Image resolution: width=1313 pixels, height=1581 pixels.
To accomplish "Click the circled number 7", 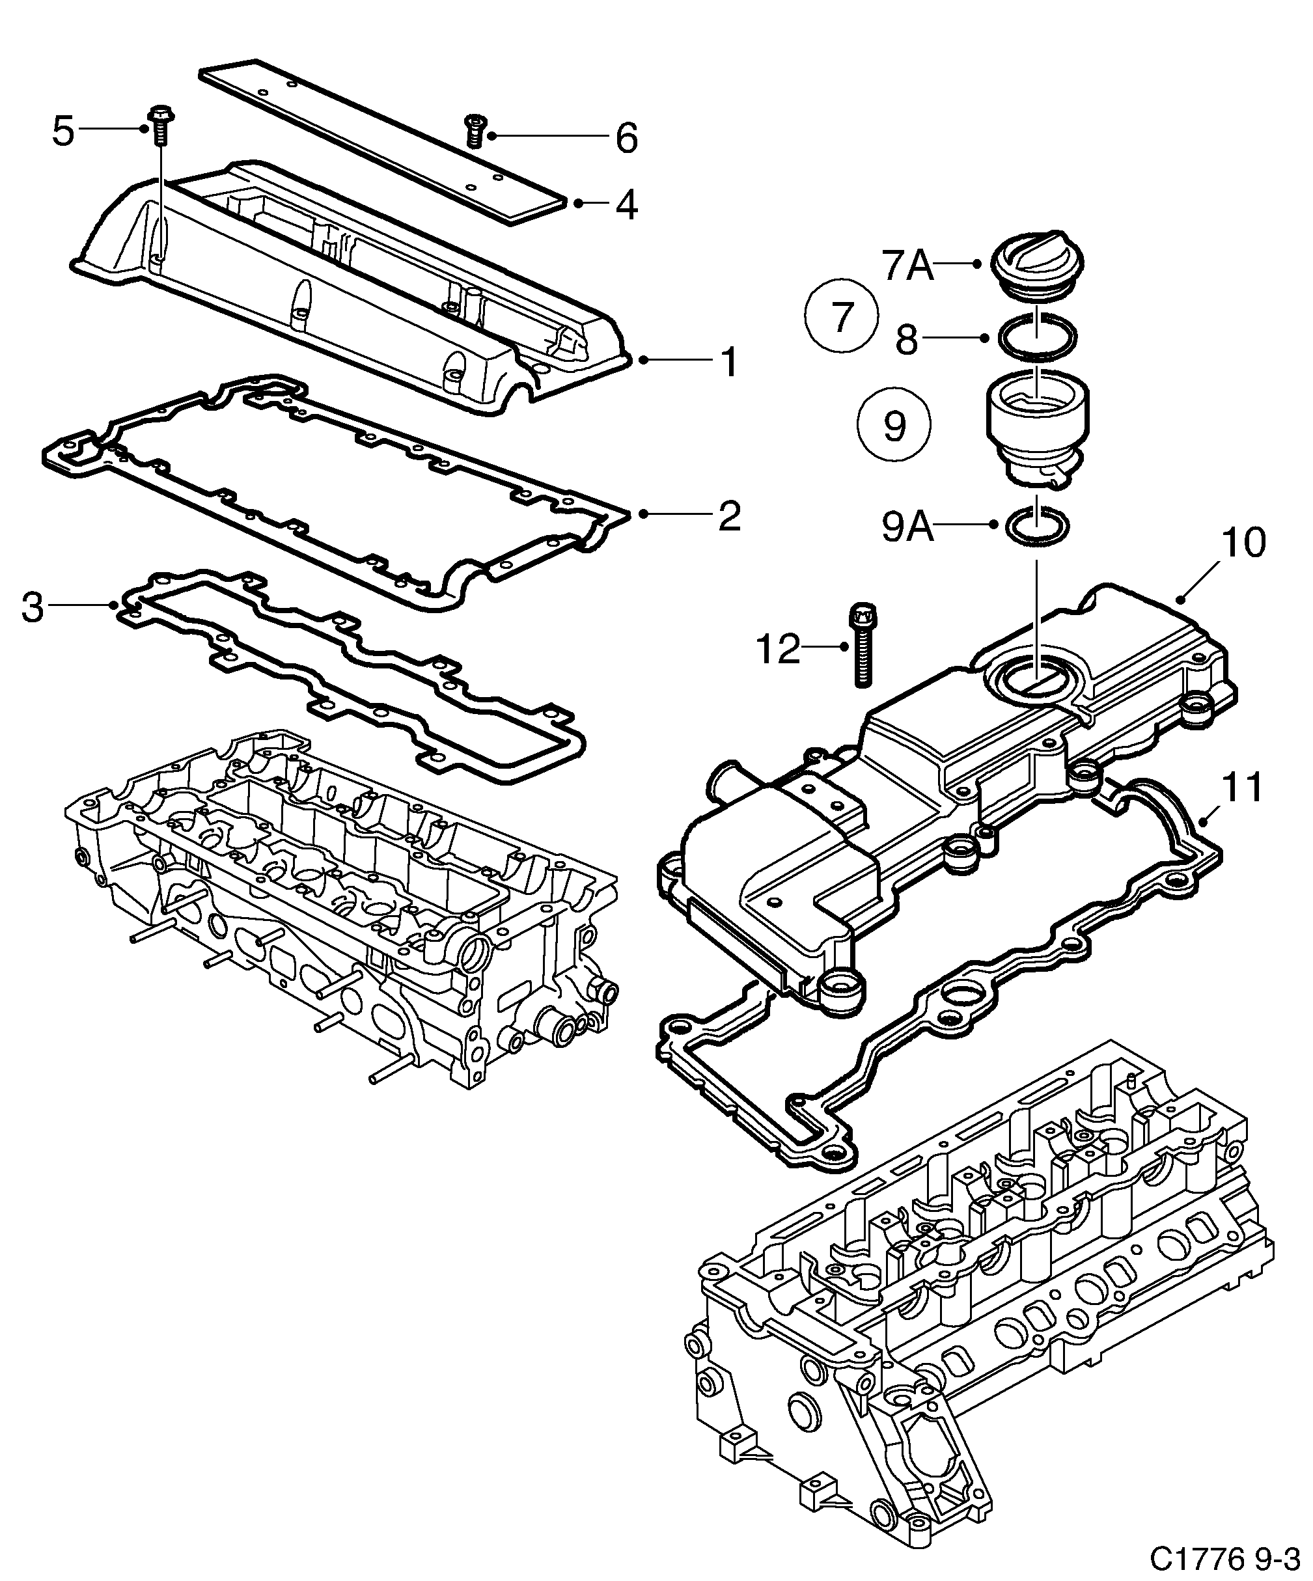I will (841, 316).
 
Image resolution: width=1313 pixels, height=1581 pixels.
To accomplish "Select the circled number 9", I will (894, 426).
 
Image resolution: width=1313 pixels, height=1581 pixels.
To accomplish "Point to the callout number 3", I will (33, 607).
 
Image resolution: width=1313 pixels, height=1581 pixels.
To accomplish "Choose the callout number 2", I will (729, 516).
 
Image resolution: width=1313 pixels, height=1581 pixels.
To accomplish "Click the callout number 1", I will (730, 362).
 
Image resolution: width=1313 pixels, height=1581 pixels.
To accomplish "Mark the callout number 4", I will (626, 205).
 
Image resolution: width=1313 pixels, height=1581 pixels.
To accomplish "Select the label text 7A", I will (907, 266).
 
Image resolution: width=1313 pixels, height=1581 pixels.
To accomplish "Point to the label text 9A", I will (907, 527).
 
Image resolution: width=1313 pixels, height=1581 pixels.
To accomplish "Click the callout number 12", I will (779, 649).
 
